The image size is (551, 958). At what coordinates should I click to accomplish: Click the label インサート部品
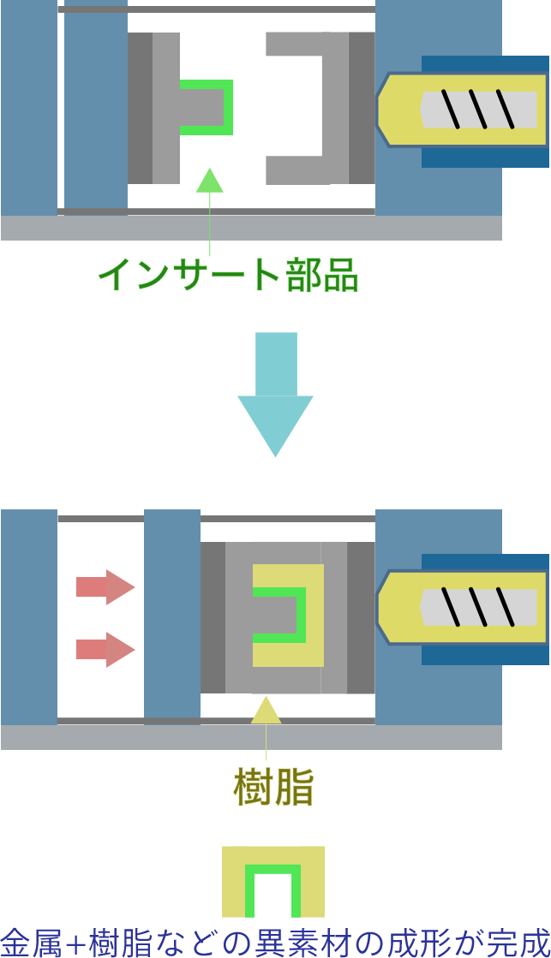(x=227, y=276)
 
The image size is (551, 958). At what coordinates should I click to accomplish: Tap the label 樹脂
(x=273, y=788)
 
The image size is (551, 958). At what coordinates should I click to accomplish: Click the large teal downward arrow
(x=275, y=394)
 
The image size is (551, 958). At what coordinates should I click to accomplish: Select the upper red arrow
(x=105, y=587)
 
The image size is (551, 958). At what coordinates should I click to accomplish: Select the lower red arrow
(x=105, y=649)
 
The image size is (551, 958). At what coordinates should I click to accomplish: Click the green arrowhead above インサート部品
(x=210, y=181)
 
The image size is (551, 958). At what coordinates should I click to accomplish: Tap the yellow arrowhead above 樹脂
(x=266, y=711)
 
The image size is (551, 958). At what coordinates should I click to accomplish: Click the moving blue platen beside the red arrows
(x=171, y=613)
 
